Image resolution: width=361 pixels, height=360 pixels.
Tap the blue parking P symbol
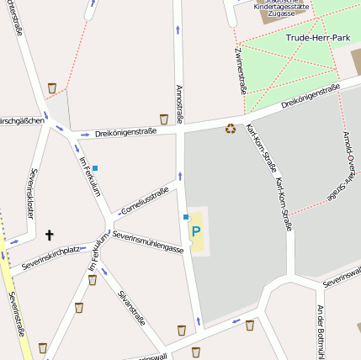(x=196, y=230)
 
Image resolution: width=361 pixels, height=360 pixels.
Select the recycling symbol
(x=230, y=128)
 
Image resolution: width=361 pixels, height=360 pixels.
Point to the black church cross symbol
(x=49, y=236)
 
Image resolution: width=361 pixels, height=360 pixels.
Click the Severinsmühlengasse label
(x=147, y=241)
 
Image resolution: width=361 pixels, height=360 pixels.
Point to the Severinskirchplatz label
(x=50, y=256)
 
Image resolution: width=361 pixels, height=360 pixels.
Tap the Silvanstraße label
(x=132, y=307)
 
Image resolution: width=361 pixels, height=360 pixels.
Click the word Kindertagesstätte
(x=280, y=6)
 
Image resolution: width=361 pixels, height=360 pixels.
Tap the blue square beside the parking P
(x=186, y=217)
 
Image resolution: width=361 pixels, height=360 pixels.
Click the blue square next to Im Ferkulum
(x=95, y=168)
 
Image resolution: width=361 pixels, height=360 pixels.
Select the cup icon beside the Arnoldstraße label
(x=163, y=119)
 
